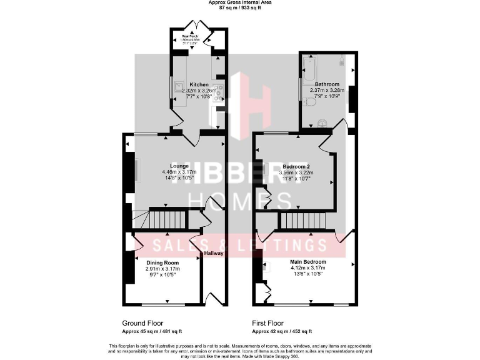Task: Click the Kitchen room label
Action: click(199, 84)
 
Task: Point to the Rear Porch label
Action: click(191, 37)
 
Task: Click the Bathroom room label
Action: click(327, 84)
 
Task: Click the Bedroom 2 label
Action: click(296, 167)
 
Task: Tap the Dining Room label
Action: click(162, 262)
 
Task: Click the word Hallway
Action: click(214, 253)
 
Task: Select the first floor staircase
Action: click(302, 221)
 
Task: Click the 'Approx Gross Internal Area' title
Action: click(239, 2)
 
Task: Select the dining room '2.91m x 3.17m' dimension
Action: click(162, 269)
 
